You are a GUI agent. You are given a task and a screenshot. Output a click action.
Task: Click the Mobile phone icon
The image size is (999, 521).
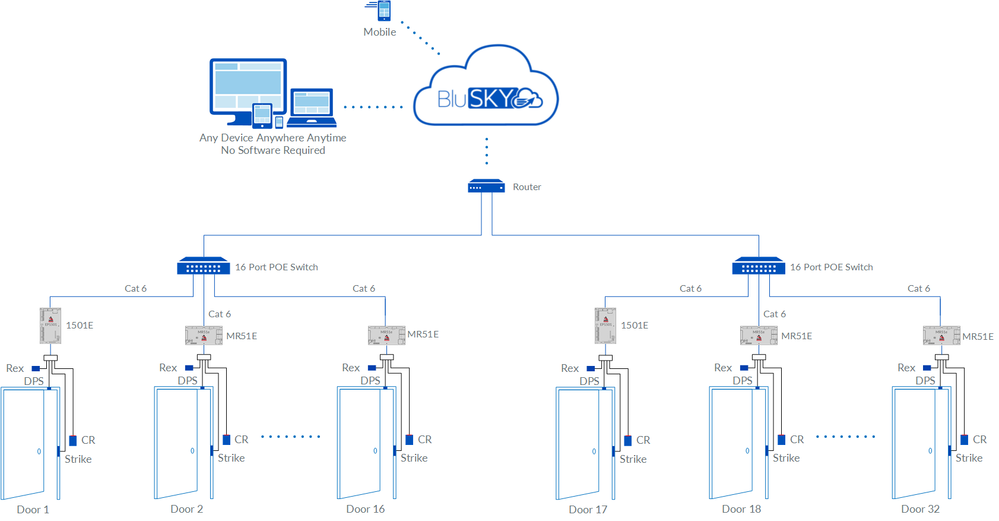[384, 11]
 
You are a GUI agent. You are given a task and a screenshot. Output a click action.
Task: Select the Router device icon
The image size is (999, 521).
[486, 186]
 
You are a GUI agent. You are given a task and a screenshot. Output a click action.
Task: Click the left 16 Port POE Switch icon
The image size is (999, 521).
[203, 266]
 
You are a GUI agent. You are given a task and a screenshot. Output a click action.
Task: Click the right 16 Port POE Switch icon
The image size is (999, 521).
[759, 266]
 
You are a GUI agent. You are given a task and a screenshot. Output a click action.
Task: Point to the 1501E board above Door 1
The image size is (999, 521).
[50, 326]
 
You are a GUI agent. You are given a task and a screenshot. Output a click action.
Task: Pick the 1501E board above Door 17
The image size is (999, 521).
[605, 326]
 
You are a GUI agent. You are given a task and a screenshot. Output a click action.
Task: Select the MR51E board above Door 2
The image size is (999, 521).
[204, 336]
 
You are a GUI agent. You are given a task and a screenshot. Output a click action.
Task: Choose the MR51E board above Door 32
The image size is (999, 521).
[941, 336]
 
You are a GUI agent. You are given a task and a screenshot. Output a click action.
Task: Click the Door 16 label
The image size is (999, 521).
[366, 509]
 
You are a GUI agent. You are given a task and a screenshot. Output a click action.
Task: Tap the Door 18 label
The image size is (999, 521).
[741, 509]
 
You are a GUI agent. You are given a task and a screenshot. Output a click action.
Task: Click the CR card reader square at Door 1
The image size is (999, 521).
[73, 441]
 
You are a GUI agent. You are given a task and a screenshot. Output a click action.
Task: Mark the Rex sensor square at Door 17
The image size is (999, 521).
[591, 369]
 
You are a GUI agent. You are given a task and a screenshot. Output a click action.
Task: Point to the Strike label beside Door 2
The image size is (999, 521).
[231, 458]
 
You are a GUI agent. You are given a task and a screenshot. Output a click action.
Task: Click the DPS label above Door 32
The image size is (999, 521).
[925, 380]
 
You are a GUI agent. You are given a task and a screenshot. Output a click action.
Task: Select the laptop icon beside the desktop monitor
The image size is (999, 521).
[312, 108]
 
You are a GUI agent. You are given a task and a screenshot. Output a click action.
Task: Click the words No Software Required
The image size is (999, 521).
[273, 150]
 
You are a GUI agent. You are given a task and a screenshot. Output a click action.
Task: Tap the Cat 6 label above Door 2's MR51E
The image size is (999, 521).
[220, 314]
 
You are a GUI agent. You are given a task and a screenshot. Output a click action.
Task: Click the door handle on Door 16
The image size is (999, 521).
[375, 451]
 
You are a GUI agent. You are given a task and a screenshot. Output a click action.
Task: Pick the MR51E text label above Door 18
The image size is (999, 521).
[797, 336]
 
